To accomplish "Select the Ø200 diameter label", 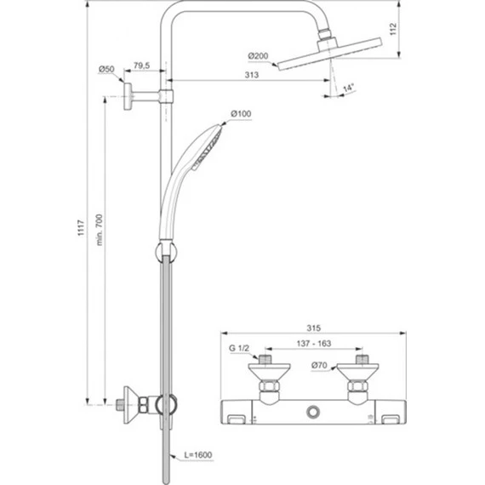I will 258,56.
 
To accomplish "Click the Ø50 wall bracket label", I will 107,68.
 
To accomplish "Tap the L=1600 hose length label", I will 198,456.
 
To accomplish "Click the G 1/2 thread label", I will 240,348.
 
